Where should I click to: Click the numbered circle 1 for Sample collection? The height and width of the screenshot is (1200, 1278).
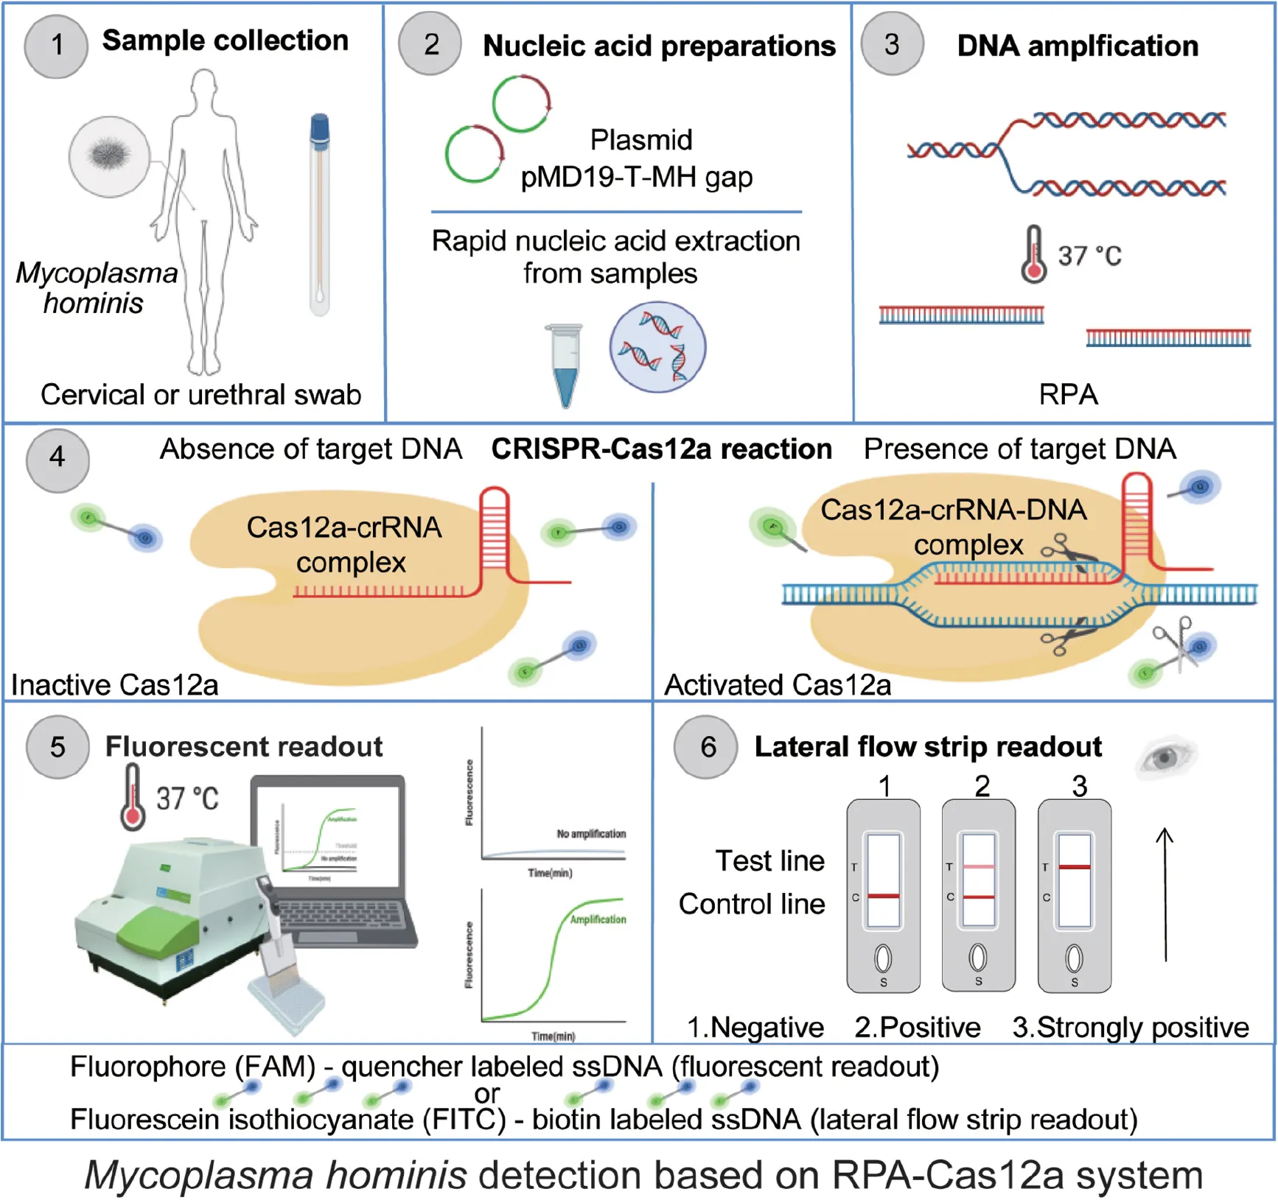coord(56,46)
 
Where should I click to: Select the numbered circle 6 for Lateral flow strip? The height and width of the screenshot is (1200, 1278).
coord(707,747)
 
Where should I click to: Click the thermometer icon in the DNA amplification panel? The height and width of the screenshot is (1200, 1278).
coord(1033,255)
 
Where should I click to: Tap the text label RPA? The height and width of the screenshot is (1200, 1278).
coord(1068,395)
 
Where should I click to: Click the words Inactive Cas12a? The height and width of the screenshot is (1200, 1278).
coord(115,685)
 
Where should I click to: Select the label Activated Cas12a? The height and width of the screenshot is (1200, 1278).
coord(778,685)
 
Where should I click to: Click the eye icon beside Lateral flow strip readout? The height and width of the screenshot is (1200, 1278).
coord(1166,758)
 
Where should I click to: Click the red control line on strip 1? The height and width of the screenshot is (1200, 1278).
coord(884,896)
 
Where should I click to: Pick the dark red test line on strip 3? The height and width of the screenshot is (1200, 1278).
coord(1075,867)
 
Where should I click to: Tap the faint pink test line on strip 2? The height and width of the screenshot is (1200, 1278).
coord(979,867)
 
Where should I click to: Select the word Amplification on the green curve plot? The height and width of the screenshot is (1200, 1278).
coord(598,919)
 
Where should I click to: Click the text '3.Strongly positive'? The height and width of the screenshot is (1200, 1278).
coord(1131,1027)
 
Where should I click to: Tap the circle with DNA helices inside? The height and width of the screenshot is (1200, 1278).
coord(657,347)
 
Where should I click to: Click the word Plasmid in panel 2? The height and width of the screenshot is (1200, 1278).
coord(641,140)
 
